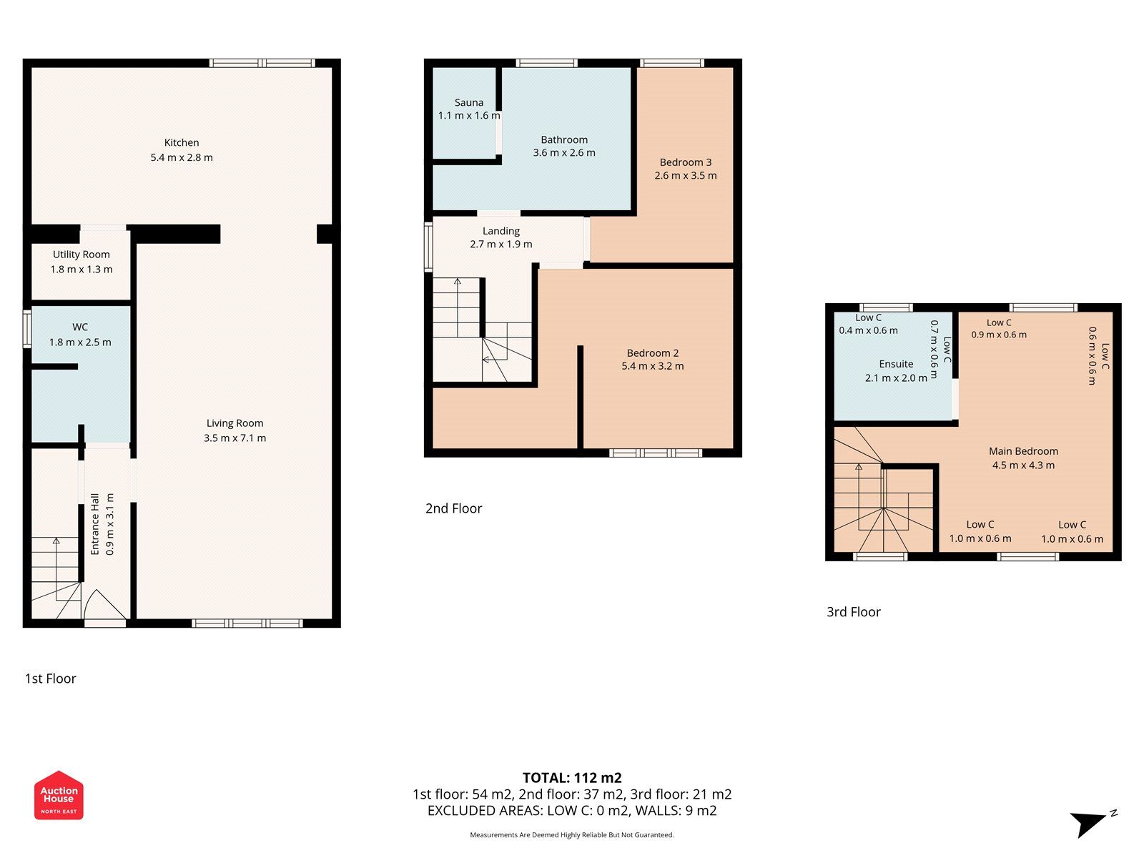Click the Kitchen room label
click(x=182, y=142)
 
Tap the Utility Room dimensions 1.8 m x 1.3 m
click(x=81, y=270)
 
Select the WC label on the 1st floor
click(x=80, y=327)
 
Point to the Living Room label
click(x=235, y=423)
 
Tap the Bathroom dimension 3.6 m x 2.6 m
click(x=564, y=152)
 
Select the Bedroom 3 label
click(x=685, y=162)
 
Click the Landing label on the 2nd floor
click(x=500, y=231)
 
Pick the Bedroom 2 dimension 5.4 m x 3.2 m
click(x=652, y=366)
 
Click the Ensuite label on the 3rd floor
click(x=896, y=364)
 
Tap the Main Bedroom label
click(x=1023, y=451)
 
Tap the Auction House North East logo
click(x=59, y=795)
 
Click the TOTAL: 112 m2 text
click(x=572, y=778)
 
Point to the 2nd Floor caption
click(x=453, y=508)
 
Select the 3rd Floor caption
click(x=853, y=612)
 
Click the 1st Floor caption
click(x=50, y=679)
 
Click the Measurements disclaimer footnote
click(x=571, y=835)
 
